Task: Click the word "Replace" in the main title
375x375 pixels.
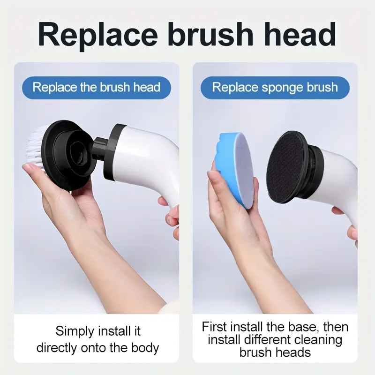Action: [x=98, y=35]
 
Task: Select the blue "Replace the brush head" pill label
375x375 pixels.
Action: [x=97, y=88]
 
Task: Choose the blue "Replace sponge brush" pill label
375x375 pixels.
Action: [x=275, y=88]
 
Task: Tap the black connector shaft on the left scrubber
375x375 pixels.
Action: [x=99, y=150]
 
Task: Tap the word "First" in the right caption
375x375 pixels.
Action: [x=215, y=327]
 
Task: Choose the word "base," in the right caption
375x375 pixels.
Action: [x=303, y=327]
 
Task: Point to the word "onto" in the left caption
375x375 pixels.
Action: [x=93, y=348]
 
